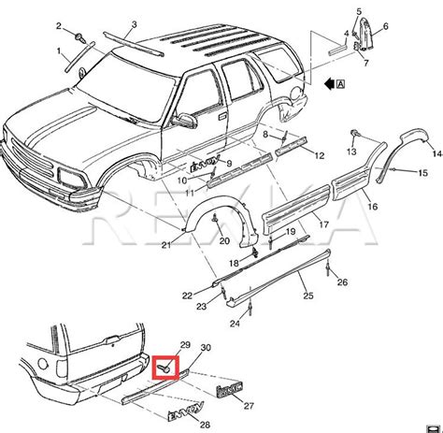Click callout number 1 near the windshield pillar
pyautogui.click(x=59, y=51)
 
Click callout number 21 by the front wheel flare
pyautogui.click(x=165, y=246)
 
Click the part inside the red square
pyautogui.click(x=164, y=368)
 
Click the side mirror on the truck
pyautogui.click(x=184, y=120)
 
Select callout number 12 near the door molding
pyautogui.click(x=319, y=155)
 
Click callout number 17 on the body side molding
pyautogui.click(x=322, y=224)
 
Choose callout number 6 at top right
pyautogui.click(x=386, y=27)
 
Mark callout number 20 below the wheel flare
pyautogui.click(x=224, y=240)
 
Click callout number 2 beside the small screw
pyautogui.click(x=58, y=24)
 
